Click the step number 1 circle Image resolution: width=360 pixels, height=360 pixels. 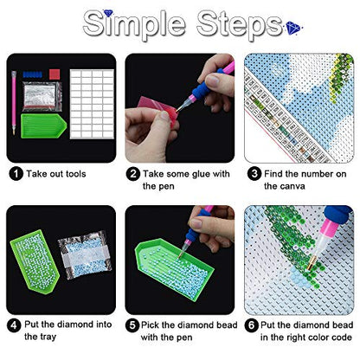pyautogui.click(x=16, y=174)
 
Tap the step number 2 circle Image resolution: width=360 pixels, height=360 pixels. pyautogui.click(x=133, y=174)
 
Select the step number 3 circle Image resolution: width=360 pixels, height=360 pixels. pyautogui.click(x=254, y=174)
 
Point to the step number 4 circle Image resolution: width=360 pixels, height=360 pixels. pyautogui.click(x=14, y=325)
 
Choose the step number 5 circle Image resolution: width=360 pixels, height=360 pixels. pyautogui.click(x=132, y=325)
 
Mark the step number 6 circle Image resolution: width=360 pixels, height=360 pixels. pyautogui.click(x=251, y=325)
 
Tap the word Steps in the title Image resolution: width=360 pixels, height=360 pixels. pyautogui.click(x=239, y=25)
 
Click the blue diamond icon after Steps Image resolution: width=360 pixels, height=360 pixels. pyautogui.click(x=293, y=28)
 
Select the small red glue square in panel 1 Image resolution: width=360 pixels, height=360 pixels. pyautogui.click(x=55, y=74)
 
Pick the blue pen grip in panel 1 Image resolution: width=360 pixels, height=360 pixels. pyautogui.click(x=33, y=74)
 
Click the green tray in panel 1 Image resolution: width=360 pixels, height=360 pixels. pyautogui.click(x=43, y=125)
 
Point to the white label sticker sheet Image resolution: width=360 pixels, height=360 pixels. pyautogui.click(x=92, y=104)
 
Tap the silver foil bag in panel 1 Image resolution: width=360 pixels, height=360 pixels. pyautogui.click(x=42, y=96)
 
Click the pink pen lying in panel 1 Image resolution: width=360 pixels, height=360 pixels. pyautogui.click(x=14, y=103)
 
